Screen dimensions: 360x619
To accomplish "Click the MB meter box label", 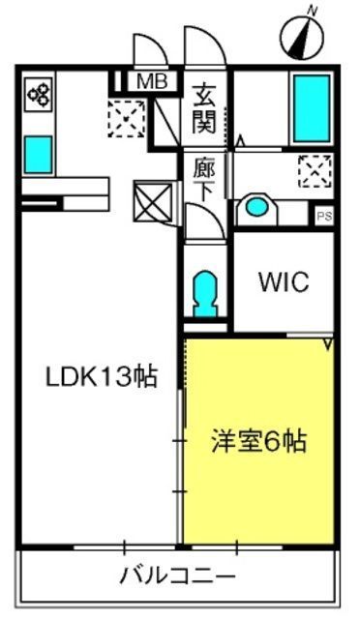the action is click(x=152, y=81).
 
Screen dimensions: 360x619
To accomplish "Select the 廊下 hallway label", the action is click(x=204, y=181).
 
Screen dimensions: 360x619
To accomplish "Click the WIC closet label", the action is click(x=284, y=281).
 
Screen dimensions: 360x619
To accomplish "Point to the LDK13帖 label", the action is click(x=102, y=376).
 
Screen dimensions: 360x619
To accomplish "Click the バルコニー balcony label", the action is click(x=178, y=575).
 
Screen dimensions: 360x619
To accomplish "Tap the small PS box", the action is click(x=324, y=216).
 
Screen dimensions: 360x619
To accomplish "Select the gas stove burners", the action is click(x=39, y=95).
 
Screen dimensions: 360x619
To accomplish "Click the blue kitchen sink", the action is click(x=39, y=155).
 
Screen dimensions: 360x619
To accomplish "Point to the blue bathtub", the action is click(x=312, y=108).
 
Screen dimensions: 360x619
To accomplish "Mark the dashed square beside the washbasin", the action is click(x=315, y=171).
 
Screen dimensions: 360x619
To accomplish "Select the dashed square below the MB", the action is click(x=127, y=118).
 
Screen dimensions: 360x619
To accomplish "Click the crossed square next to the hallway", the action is click(x=153, y=201).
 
